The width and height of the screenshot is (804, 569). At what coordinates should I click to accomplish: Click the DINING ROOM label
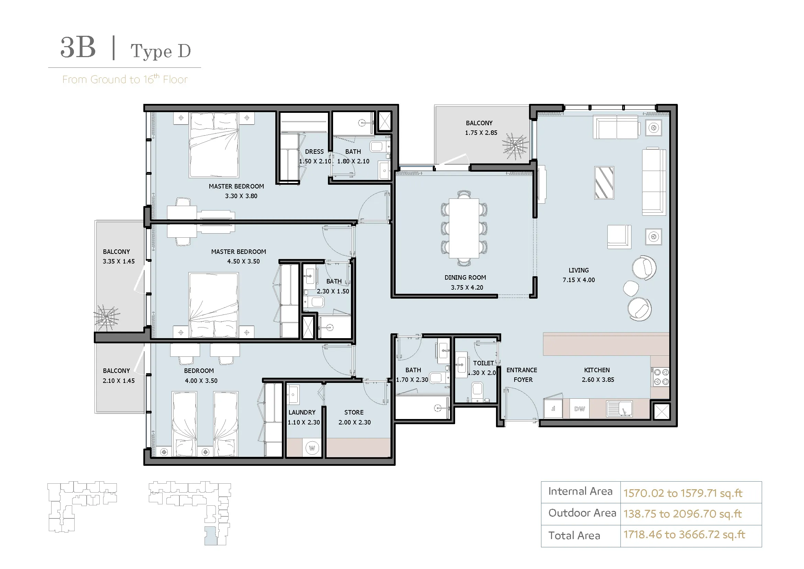coord(465,278)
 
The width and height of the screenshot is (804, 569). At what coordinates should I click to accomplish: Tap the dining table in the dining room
coord(464,228)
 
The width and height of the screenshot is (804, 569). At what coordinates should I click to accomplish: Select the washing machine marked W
coord(312,448)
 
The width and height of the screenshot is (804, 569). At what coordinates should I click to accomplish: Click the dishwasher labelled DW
coord(580,409)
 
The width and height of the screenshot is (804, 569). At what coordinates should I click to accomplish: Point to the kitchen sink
coord(619,409)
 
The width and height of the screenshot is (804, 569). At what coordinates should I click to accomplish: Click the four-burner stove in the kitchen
coord(661,377)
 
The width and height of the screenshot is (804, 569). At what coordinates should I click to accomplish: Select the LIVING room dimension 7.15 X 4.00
coord(579,280)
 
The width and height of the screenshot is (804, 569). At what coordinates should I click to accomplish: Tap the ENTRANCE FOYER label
coord(522,375)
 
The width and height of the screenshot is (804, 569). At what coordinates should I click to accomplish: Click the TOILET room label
coord(483,363)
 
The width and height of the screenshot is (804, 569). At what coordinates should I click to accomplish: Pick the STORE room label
coord(354,412)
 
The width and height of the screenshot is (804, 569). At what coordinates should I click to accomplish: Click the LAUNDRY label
coord(302,412)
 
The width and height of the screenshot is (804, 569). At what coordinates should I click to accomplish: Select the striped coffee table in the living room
coord(604,183)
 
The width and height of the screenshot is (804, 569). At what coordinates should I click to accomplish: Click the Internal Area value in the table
coord(683,493)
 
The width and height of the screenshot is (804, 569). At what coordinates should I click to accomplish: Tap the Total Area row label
coord(574,535)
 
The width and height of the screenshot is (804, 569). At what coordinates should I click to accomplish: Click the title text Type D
coord(161,51)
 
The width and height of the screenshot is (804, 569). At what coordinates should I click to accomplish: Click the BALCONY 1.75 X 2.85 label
coord(481,128)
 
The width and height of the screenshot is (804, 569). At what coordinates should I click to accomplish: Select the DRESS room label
coord(314,152)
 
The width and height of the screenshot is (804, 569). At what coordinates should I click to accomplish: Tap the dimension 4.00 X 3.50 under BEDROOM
coord(201,381)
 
